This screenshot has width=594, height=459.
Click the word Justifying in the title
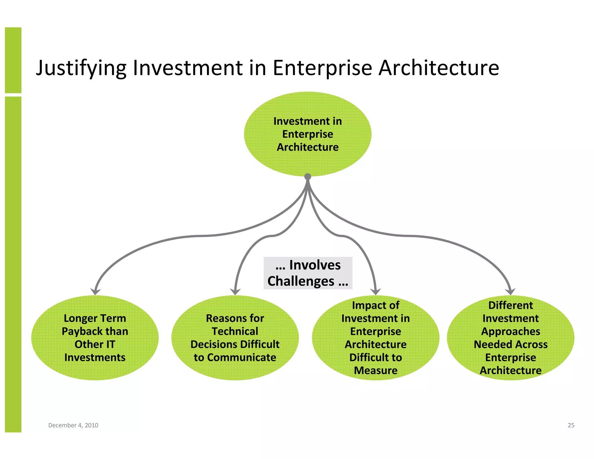pyautogui.click(x=81, y=68)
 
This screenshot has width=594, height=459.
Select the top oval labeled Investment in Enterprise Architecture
pyautogui.click(x=307, y=134)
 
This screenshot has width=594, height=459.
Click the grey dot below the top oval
pyautogui.click(x=308, y=176)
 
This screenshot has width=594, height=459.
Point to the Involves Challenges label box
pyautogui.click(x=308, y=273)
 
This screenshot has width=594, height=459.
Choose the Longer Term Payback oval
pyautogui.click(x=95, y=338)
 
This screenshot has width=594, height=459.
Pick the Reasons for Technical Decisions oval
pyautogui.click(x=235, y=338)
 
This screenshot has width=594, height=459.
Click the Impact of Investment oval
pyautogui.click(x=376, y=338)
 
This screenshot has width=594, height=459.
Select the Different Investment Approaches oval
pyautogui.click(x=510, y=338)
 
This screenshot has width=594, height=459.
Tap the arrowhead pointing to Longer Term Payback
pyautogui.click(x=95, y=291)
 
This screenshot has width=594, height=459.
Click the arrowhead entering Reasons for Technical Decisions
pyautogui.click(x=235, y=291)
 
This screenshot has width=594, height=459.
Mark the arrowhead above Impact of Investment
pyautogui.click(x=376, y=291)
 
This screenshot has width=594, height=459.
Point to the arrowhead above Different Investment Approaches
pyautogui.click(x=510, y=291)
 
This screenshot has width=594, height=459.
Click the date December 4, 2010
pyautogui.click(x=73, y=425)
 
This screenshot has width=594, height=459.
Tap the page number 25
pyautogui.click(x=571, y=425)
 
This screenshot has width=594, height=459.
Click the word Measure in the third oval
pyautogui.click(x=376, y=371)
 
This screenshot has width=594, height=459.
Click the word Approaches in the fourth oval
pyautogui.click(x=510, y=331)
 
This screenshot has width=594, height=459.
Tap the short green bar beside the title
pyautogui.click(x=13, y=60)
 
